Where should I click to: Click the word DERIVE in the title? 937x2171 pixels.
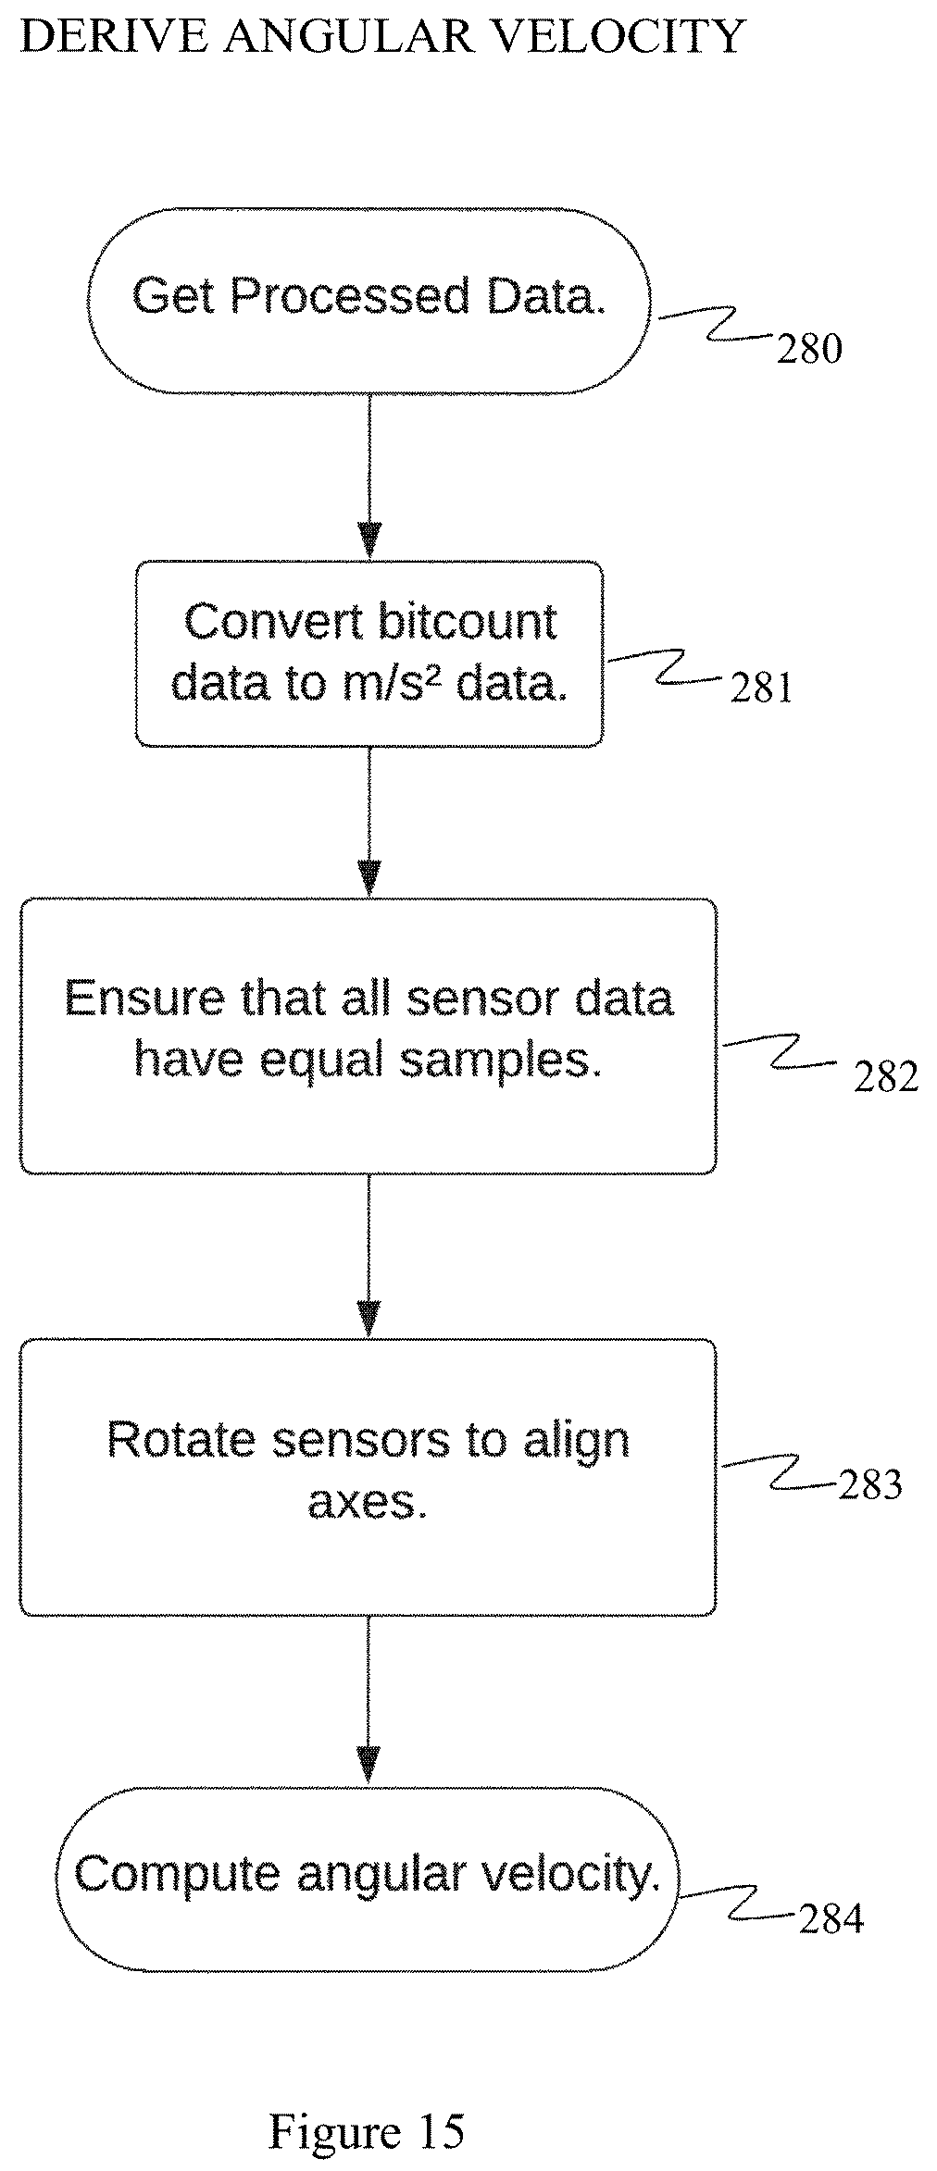112,37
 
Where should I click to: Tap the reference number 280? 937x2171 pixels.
808,349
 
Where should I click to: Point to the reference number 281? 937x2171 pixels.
761,688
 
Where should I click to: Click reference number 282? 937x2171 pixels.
885,1076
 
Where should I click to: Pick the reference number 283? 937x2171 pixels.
869,1484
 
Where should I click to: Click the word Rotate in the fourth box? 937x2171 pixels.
181,1440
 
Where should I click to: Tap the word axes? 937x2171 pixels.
367,1501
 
